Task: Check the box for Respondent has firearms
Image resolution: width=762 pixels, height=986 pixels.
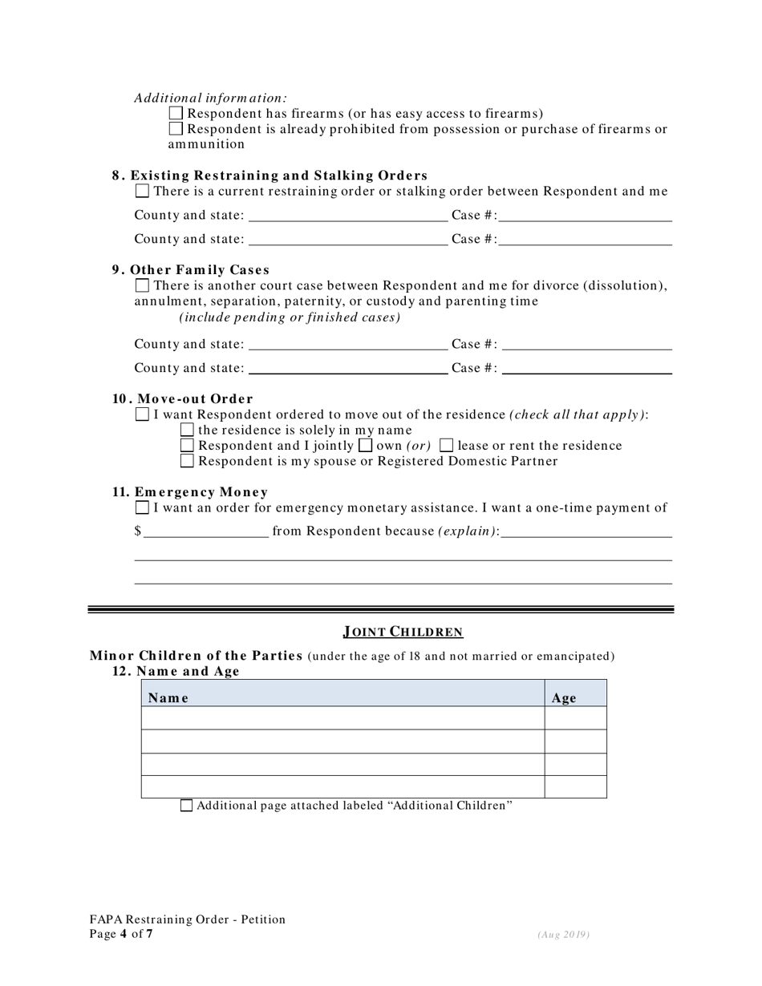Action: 176,114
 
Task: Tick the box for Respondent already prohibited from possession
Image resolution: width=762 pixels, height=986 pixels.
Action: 176,129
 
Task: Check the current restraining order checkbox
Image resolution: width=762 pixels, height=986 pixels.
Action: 142,191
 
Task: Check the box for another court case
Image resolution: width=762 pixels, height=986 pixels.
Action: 142,285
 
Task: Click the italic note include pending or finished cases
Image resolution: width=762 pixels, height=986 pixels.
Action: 290,317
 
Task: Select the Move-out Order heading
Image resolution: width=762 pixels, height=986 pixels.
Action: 183,399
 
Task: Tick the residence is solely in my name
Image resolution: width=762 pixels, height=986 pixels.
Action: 188,430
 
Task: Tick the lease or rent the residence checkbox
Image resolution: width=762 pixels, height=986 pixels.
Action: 447,445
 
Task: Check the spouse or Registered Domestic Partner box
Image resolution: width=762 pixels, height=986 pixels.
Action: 188,461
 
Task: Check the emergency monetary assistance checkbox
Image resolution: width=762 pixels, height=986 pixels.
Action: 142,507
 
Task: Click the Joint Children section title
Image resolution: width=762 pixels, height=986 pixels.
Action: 403,632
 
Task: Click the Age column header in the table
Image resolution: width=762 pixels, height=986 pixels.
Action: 564,698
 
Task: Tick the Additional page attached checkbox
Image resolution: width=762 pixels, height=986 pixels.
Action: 186,806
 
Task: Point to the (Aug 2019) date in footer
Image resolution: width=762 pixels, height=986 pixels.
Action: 564,935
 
